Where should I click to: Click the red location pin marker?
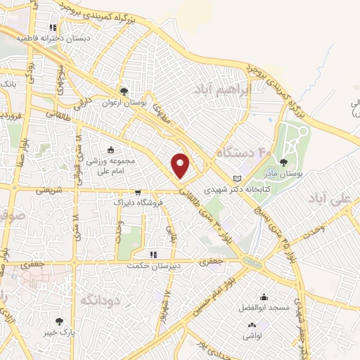181,165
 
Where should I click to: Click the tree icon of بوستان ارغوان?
124,91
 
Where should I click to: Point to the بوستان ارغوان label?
125,103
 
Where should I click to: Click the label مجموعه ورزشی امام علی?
110,165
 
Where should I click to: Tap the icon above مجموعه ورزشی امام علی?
110,150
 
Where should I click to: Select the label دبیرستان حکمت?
153,266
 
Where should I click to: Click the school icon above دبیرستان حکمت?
153,255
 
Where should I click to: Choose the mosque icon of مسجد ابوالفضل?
264,297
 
